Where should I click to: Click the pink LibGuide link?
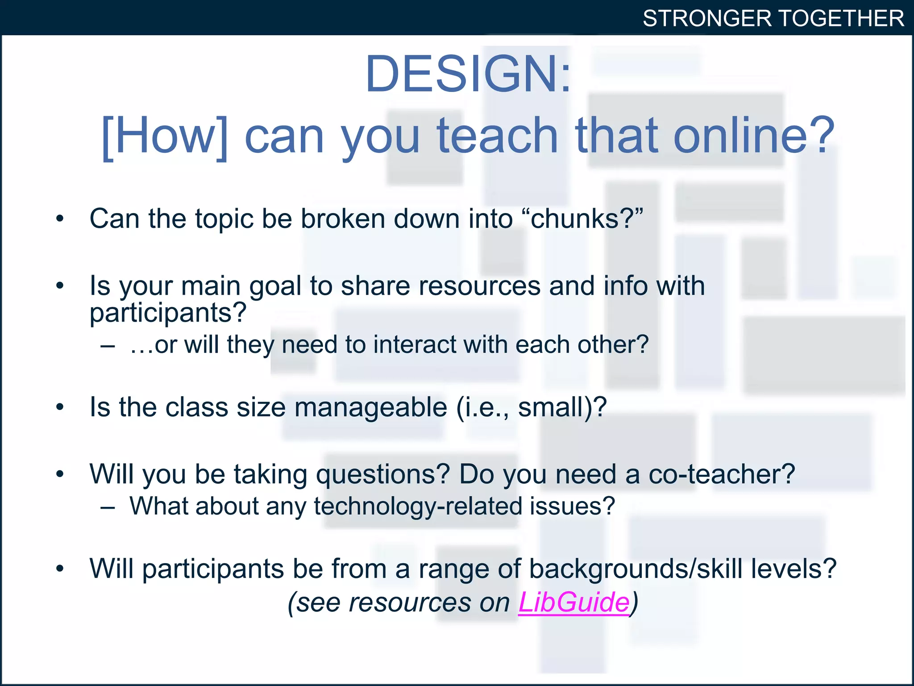(x=573, y=602)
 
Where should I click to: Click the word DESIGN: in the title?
(x=468, y=74)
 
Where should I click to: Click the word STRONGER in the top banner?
(x=707, y=19)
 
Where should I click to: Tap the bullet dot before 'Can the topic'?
(x=60, y=219)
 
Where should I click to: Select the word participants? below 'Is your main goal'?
(x=168, y=313)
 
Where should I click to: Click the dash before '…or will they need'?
(x=108, y=345)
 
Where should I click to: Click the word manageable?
(x=370, y=407)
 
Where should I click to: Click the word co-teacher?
(x=721, y=474)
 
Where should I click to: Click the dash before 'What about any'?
(x=108, y=507)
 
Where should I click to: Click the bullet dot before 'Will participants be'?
(x=60, y=569)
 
